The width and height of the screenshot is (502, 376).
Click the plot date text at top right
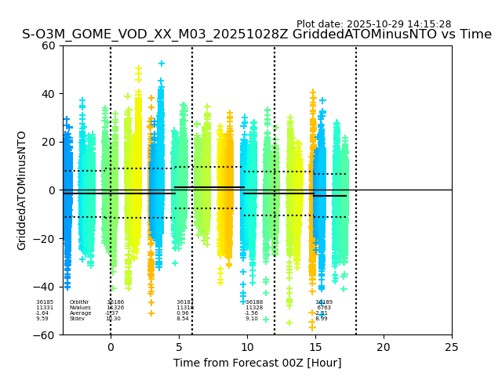373,24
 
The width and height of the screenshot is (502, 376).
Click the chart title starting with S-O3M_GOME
256,34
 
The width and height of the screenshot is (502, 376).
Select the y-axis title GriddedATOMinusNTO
22,190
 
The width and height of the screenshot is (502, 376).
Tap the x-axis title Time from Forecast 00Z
257,363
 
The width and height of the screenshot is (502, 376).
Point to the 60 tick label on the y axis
49,45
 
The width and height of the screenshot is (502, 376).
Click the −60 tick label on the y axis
45,334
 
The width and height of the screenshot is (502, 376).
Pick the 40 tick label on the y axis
49,94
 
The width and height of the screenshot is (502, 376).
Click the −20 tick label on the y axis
45,239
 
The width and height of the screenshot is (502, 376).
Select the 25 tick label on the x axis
452,347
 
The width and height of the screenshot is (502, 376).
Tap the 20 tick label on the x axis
384,347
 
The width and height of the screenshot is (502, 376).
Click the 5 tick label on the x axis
179,347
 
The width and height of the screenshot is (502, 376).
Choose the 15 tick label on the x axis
315,347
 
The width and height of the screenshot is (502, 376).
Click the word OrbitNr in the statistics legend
79,302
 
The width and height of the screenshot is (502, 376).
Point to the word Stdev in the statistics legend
77,319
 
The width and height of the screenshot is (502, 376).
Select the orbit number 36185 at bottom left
45,302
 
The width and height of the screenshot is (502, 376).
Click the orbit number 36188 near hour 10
254,302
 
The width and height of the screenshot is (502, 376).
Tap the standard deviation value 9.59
42,319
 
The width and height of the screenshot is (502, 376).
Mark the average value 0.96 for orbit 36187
183,313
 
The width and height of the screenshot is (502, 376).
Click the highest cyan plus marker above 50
162,63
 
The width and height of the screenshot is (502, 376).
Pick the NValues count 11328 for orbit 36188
254,308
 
